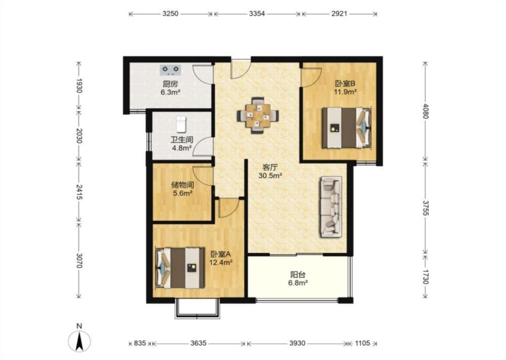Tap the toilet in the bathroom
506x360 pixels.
pos(182,124)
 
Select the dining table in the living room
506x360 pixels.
pos(258,115)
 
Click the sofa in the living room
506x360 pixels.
pos(331,207)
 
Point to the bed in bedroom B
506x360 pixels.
pos(347,128)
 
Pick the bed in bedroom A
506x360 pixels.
pos(181,268)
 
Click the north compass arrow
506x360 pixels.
pos(79,341)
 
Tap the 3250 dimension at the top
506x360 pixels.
pos(170,14)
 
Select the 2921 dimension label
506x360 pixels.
pos(339,14)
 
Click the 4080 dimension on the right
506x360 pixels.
pos(426,111)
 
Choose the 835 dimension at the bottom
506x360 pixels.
pos(140,343)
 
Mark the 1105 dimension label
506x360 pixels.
pos(362,343)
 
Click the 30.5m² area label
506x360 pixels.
pos(270,176)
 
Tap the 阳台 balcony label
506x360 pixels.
pos(298,275)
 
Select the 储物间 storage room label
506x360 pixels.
pos(183,185)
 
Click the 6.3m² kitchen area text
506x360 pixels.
pos(171,92)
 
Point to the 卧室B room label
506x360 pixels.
pos(345,84)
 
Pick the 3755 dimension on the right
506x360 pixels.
pos(426,208)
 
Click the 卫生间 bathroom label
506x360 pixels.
pos(182,140)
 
